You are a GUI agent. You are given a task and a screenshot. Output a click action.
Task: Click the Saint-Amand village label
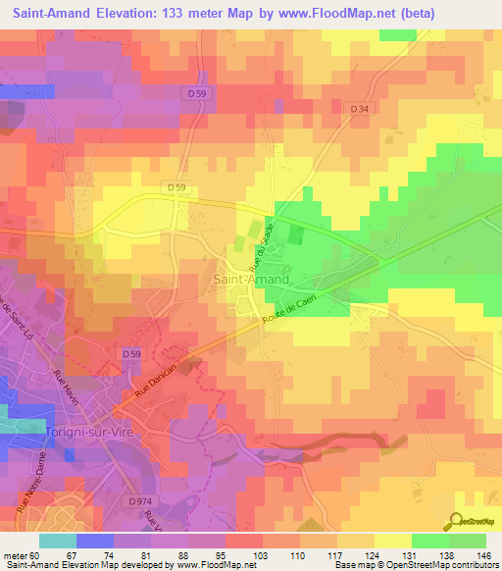(x=251, y=280)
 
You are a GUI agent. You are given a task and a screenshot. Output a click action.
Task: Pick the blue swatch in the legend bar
(x=94, y=541)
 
